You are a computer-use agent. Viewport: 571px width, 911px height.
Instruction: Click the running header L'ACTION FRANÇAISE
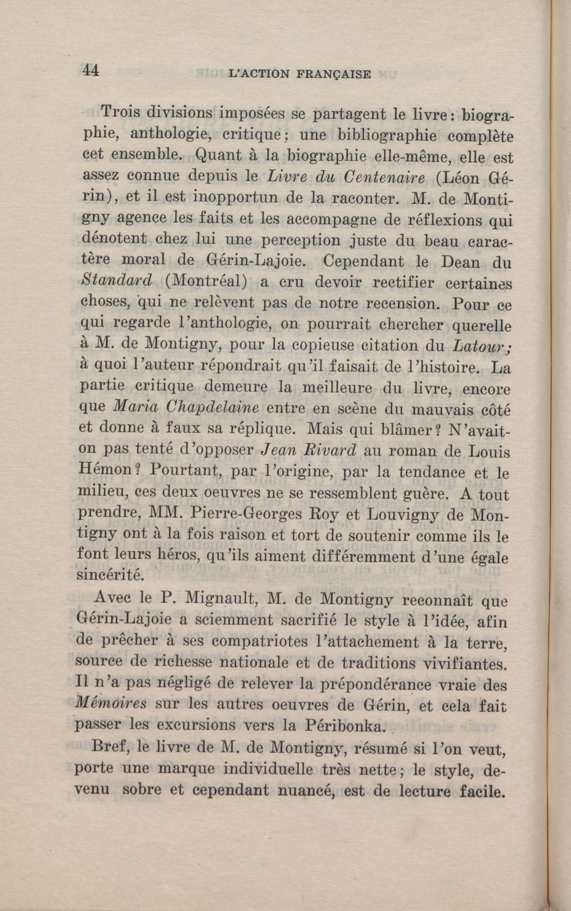coord(300,74)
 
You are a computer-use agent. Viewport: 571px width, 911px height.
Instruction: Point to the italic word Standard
coord(117,280)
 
